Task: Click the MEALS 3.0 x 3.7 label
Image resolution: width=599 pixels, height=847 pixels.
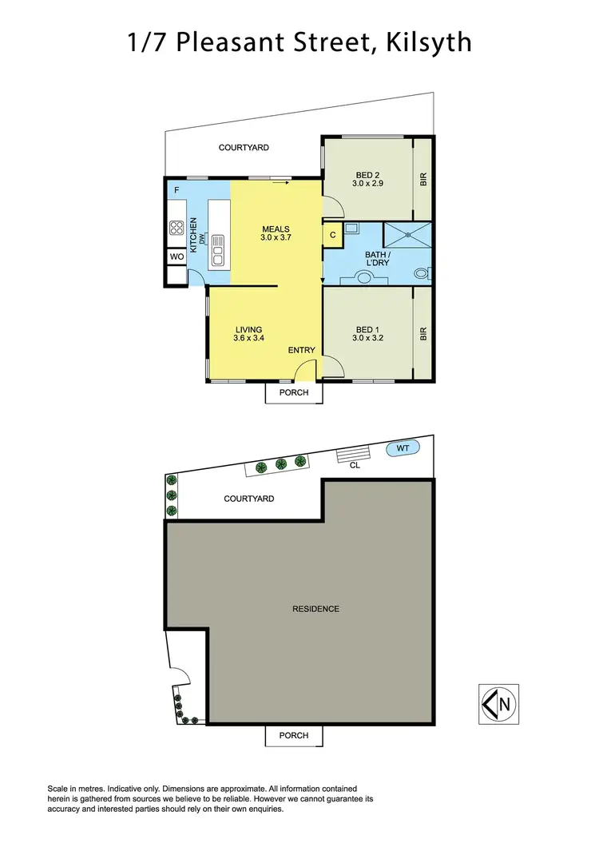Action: [276, 233]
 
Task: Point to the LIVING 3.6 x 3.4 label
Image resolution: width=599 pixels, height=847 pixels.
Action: [248, 333]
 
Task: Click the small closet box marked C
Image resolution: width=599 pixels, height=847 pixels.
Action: [332, 235]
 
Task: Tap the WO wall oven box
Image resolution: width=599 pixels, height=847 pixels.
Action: [177, 257]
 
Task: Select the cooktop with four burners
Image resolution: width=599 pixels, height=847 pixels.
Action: [177, 229]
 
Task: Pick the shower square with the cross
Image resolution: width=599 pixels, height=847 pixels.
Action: [407, 235]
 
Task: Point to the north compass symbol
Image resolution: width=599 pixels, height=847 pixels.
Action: [498, 704]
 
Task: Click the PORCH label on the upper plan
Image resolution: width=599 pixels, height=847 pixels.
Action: [294, 392]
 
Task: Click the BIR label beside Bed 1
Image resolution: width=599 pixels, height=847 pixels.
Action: [423, 333]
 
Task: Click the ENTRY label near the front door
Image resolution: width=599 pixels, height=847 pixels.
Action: [303, 350]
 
